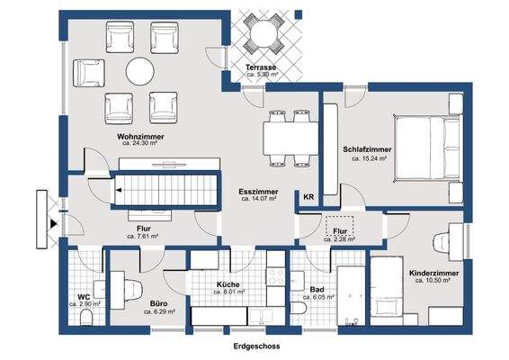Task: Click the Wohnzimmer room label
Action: [x=140, y=137]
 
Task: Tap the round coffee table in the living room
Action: [x=140, y=71]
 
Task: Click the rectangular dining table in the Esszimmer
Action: [x=290, y=139]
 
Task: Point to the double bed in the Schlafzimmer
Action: [x=428, y=148]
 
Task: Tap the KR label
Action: [x=308, y=197]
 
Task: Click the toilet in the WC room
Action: [x=86, y=318]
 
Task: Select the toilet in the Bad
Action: [x=299, y=309]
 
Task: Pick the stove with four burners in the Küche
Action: [x=275, y=276]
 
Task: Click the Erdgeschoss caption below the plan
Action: [x=256, y=346]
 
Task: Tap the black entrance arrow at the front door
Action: [x=54, y=224]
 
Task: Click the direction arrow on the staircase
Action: [x=119, y=190]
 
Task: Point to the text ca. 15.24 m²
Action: [x=369, y=158]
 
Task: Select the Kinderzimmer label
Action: [x=434, y=274]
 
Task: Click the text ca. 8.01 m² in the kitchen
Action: [x=228, y=292]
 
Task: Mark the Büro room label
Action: [x=159, y=304]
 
